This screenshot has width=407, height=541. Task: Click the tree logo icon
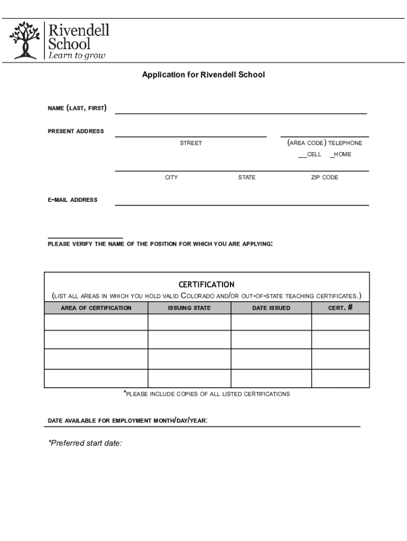[x=24, y=40]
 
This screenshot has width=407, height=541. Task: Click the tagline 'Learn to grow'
[x=77, y=55]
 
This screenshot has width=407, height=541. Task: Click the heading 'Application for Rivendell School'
[x=203, y=75]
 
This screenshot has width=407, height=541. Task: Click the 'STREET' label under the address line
[x=190, y=143]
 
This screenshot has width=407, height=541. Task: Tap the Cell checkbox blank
[x=302, y=155]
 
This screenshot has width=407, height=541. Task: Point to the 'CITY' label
[x=171, y=178]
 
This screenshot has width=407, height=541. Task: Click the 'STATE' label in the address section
[x=246, y=178]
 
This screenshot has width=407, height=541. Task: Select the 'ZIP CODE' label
[x=324, y=178]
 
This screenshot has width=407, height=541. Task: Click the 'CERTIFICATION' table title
[x=207, y=284]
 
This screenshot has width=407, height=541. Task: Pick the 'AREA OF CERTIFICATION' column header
[x=96, y=308]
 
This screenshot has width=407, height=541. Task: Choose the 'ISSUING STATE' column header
[x=189, y=308]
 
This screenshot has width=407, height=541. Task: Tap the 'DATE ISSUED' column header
[x=271, y=308]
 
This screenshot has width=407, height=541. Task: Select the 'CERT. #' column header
[x=340, y=308]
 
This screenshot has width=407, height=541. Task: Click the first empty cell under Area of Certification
[x=96, y=322]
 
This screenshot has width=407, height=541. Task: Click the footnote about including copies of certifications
[x=207, y=394]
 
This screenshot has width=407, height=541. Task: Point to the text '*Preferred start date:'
[x=85, y=443]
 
